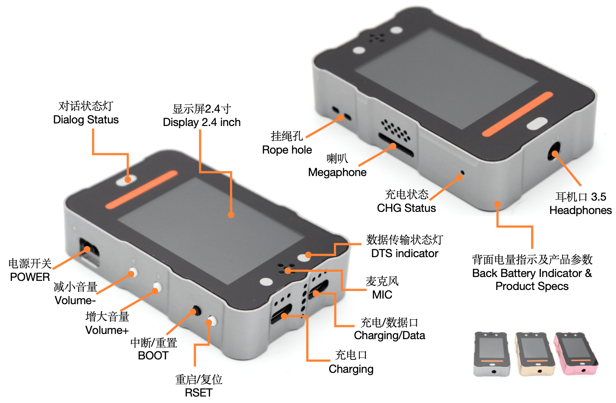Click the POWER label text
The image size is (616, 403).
click(x=30, y=277)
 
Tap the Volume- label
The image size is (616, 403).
click(x=75, y=300)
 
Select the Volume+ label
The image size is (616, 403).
click(x=107, y=330)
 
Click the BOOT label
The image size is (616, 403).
click(x=153, y=356)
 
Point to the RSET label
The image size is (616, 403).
click(x=198, y=393)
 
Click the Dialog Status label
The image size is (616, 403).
click(x=86, y=120)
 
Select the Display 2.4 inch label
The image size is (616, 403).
click(x=201, y=123)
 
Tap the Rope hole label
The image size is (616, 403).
click(x=287, y=150)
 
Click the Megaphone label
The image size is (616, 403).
click(x=337, y=172)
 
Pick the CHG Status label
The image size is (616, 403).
click(x=406, y=208)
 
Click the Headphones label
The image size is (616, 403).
click(x=580, y=210)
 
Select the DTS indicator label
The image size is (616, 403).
click(x=405, y=253)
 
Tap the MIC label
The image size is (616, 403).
click(x=382, y=295)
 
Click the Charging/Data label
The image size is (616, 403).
click(x=390, y=335)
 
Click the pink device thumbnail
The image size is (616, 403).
click(x=576, y=354)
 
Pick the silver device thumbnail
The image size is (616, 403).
click(x=492, y=354)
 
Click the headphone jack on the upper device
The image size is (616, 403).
click(x=554, y=153)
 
